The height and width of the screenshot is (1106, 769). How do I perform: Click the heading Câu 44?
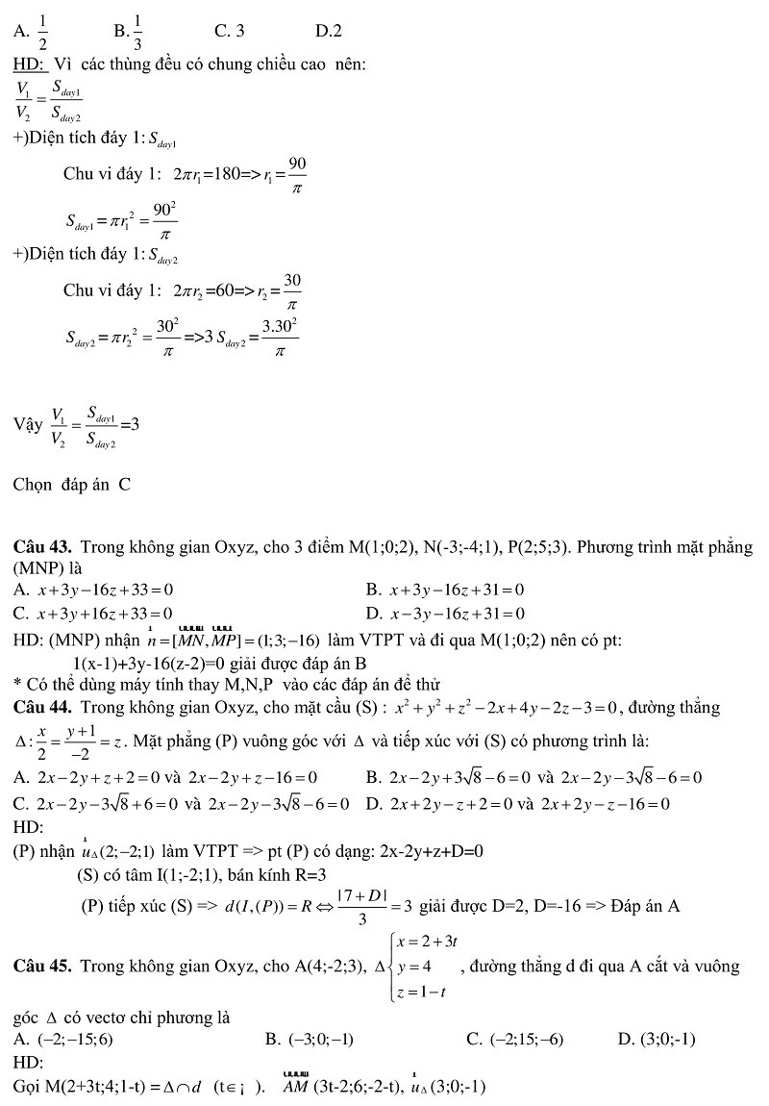tap(43, 708)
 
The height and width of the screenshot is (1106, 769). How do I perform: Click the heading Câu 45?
tap(43, 966)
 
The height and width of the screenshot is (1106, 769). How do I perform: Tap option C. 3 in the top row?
tap(229, 31)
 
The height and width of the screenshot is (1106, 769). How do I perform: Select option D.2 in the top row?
tap(329, 31)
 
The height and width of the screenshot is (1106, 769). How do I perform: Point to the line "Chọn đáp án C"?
tap(72, 484)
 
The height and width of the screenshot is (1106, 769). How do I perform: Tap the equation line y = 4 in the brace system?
tap(415, 966)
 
